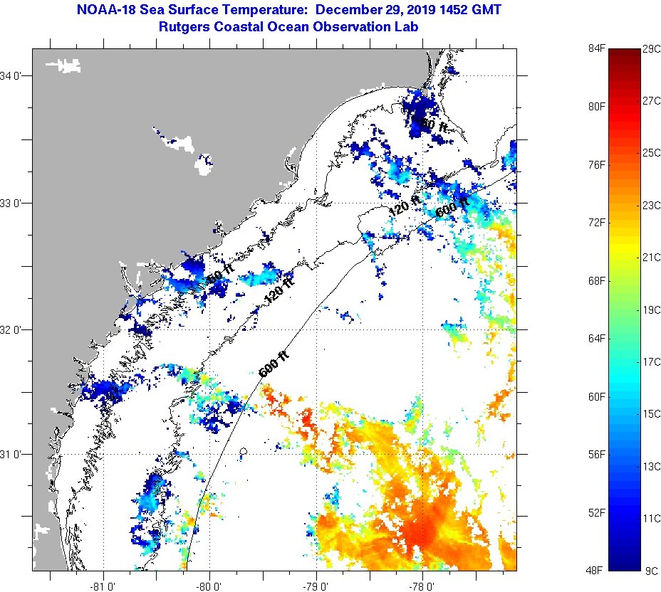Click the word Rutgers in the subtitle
[x=185, y=27]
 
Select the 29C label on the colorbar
[x=651, y=48]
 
